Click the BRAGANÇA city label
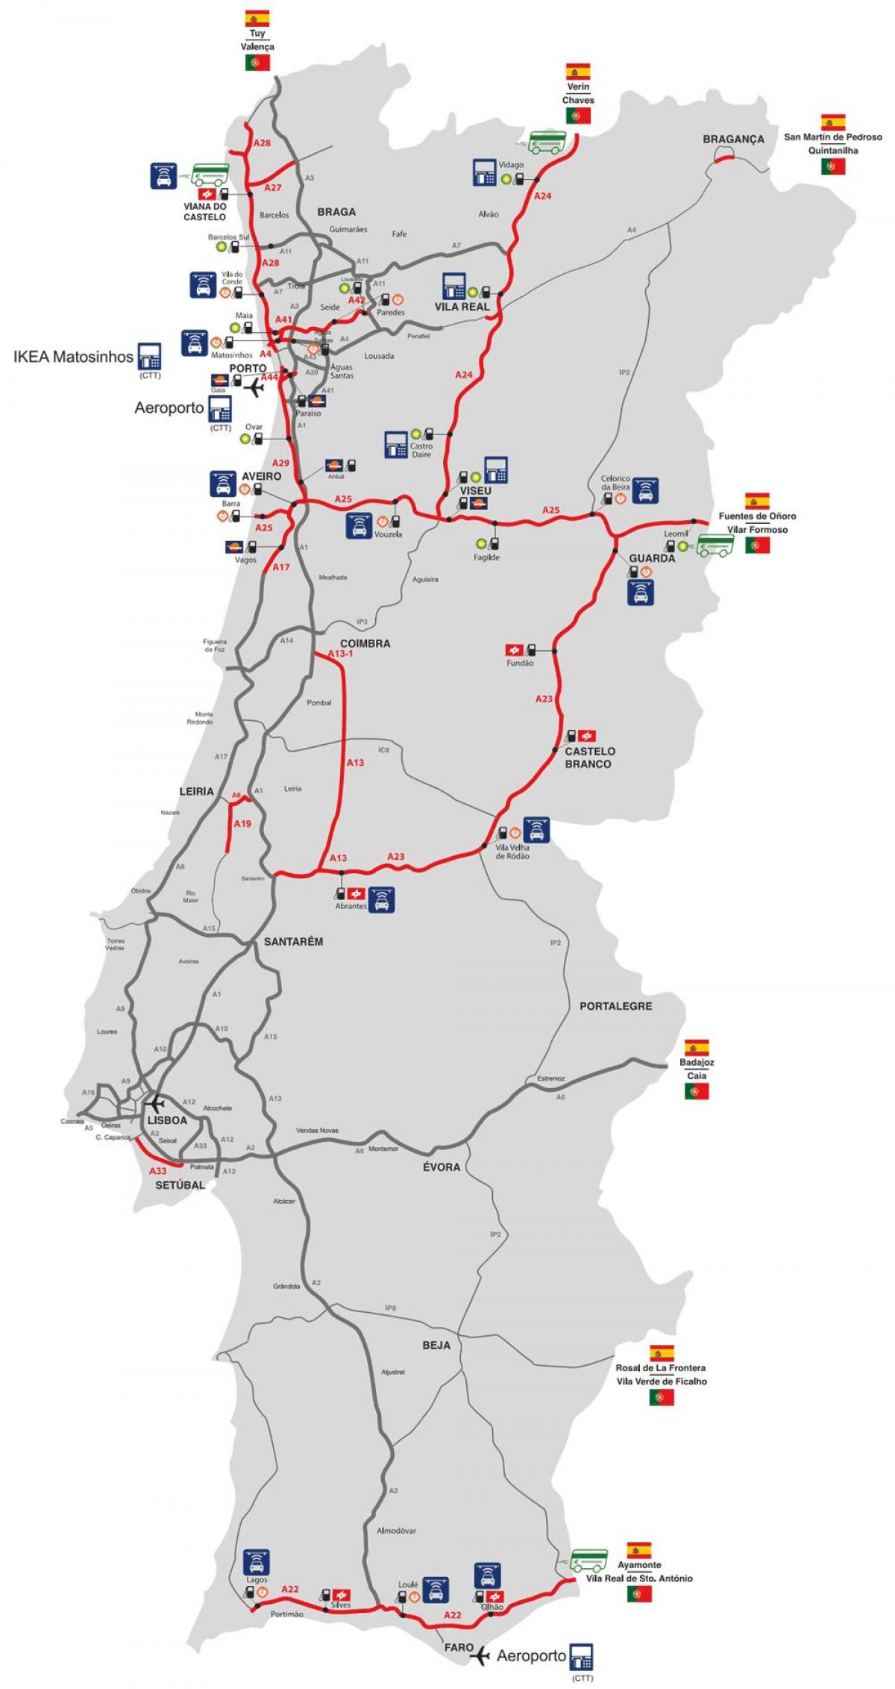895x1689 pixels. (734, 140)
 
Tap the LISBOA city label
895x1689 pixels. (166, 1120)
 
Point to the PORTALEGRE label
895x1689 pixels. (616, 1006)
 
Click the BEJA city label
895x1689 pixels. (436, 1345)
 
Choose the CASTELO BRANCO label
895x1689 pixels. (589, 758)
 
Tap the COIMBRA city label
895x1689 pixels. (365, 643)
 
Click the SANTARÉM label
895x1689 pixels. (293, 942)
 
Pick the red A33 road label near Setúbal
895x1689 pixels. (157, 1171)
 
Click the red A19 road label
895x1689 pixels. (242, 824)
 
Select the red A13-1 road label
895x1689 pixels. (340, 653)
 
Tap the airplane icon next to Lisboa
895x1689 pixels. (155, 1103)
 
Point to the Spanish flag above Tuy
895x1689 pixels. (257, 19)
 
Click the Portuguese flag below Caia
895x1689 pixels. (697, 1091)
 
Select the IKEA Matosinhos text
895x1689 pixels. (73, 357)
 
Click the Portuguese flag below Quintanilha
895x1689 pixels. (833, 167)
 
